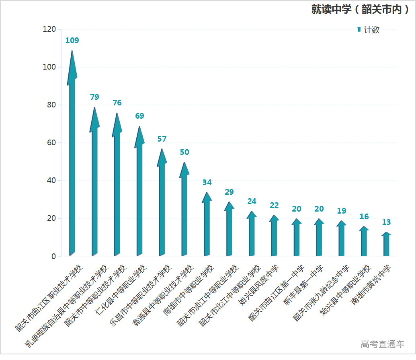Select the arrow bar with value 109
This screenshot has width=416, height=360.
(x=72, y=161)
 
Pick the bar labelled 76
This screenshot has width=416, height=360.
(x=117, y=193)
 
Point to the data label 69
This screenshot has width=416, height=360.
(x=139, y=116)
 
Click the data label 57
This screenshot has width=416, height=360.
(x=162, y=139)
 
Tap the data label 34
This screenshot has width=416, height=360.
(x=207, y=182)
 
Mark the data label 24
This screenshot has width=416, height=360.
(x=252, y=201)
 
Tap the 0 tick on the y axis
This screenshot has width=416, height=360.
(x=53, y=256)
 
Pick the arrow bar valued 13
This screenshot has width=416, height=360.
(x=386, y=245)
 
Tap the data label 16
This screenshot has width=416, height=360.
(x=364, y=216)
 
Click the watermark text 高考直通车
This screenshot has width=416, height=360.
(x=382, y=344)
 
